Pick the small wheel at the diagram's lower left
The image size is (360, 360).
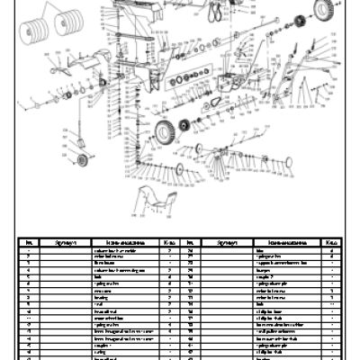coord(83,160)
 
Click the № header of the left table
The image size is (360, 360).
coord(29,242)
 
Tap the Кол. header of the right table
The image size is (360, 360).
coord(330,242)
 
